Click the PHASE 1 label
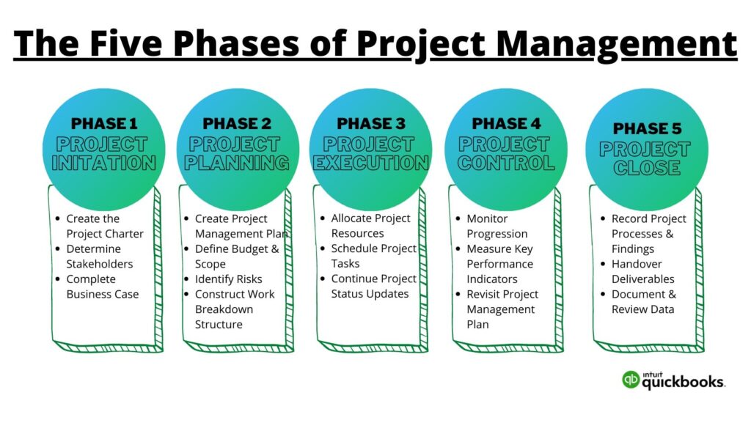click(x=104, y=123)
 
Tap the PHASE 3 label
click(x=370, y=123)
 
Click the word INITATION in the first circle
click(x=104, y=163)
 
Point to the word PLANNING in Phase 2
click(x=237, y=163)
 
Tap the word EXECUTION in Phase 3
click(x=370, y=163)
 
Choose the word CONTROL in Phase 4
click(x=506, y=163)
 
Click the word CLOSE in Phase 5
click(x=645, y=169)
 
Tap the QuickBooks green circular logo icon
click(x=630, y=379)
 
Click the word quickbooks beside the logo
click(x=684, y=382)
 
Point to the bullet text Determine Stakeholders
click(x=99, y=256)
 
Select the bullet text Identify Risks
click(x=228, y=279)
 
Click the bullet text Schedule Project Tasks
click(x=373, y=256)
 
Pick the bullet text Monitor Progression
click(x=497, y=226)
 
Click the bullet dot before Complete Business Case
click(x=57, y=279)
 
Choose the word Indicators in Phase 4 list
click(x=491, y=279)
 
